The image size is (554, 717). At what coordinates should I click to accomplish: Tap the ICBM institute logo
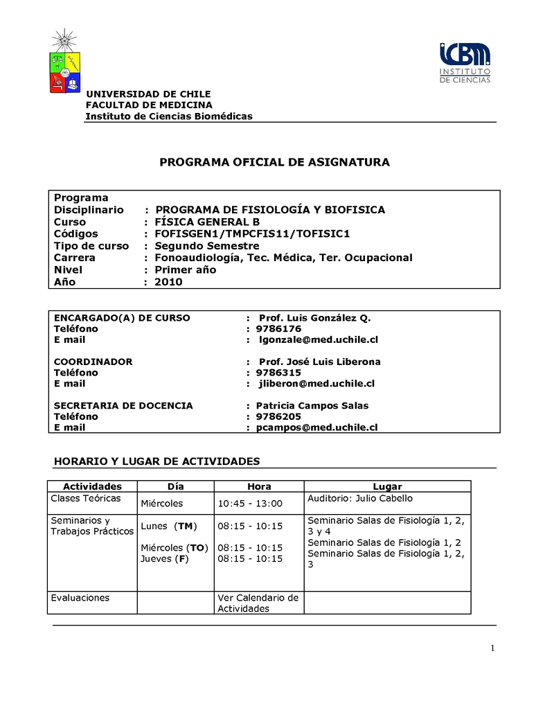click(x=465, y=63)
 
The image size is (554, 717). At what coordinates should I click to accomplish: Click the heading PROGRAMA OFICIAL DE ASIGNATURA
click(x=275, y=162)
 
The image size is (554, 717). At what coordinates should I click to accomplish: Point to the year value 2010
click(x=168, y=281)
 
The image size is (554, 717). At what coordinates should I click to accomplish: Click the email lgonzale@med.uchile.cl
click(x=319, y=339)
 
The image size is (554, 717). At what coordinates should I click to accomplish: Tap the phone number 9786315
click(x=278, y=372)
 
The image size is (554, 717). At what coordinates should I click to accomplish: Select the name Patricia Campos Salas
click(x=312, y=405)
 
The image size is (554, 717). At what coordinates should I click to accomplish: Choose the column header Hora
click(x=259, y=486)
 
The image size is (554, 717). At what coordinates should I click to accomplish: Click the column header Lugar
click(x=387, y=486)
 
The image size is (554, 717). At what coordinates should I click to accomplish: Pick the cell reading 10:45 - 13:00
click(x=250, y=504)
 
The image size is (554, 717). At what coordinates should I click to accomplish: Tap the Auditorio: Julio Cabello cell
click(x=359, y=498)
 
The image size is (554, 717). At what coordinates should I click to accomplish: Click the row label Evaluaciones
click(x=80, y=597)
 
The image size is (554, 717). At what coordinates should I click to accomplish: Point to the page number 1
click(x=492, y=648)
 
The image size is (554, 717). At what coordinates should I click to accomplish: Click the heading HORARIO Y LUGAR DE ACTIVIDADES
click(x=157, y=461)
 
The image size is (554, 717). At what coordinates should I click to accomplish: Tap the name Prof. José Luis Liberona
click(x=319, y=362)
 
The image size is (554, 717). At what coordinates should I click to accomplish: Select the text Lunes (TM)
click(x=169, y=526)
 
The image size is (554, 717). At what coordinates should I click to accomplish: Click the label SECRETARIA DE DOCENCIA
click(x=123, y=405)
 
